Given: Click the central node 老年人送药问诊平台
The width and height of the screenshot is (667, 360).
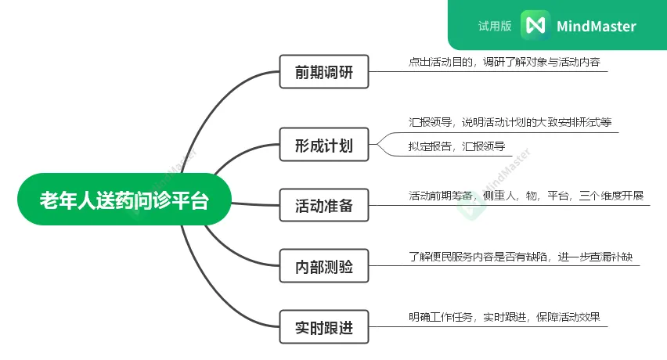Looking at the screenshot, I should click(x=124, y=200).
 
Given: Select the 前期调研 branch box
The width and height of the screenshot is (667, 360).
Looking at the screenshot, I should click(x=324, y=73).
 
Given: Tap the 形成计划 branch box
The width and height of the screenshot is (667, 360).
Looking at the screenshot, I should click(x=324, y=146).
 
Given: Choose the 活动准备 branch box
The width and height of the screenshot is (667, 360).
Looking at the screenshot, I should click(x=324, y=207).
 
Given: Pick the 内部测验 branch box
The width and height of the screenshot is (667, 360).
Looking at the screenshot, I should click(x=324, y=267).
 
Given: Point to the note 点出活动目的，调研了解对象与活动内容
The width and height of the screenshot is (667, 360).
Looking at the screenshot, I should click(x=503, y=62).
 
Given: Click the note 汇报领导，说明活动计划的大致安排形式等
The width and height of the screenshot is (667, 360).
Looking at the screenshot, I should click(x=510, y=122).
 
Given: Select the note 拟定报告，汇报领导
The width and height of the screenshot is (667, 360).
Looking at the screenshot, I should click(x=456, y=146).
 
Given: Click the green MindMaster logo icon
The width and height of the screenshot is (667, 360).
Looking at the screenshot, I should click(x=535, y=25).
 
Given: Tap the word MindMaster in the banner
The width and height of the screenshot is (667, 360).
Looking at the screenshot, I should click(x=597, y=26).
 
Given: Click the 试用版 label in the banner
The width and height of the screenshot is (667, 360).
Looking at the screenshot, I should click(x=495, y=26).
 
